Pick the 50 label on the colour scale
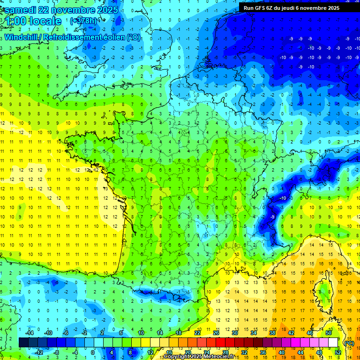click(x=329, y=333)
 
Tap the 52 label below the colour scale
click(x=338, y=352)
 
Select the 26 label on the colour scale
click(x=216, y=333)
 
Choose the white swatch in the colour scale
click(x=333, y=343)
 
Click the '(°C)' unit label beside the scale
click(x=349, y=343)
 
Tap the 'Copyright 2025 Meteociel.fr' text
click(x=199, y=357)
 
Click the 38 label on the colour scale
click(x=272, y=333)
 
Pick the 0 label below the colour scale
click(x=93, y=352)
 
